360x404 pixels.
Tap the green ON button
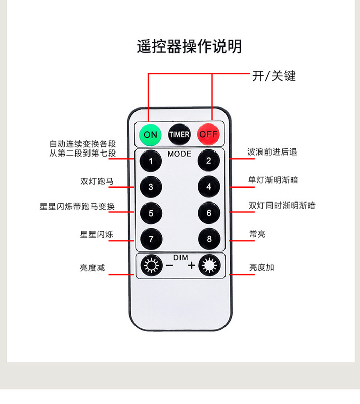point(150,134)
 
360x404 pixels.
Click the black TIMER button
point(179,134)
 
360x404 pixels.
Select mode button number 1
point(151,161)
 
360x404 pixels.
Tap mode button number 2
point(209,161)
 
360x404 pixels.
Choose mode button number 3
point(151,187)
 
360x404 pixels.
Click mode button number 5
point(151,213)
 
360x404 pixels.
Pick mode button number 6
point(209,213)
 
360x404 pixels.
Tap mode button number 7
point(151,239)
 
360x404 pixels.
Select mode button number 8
point(209,239)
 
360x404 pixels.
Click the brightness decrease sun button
point(150,266)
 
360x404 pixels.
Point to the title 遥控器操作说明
point(189,46)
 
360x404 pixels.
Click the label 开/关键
point(274,76)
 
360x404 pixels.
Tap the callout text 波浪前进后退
point(272,151)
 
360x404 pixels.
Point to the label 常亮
point(257,234)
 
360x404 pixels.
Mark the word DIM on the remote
point(180,258)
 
